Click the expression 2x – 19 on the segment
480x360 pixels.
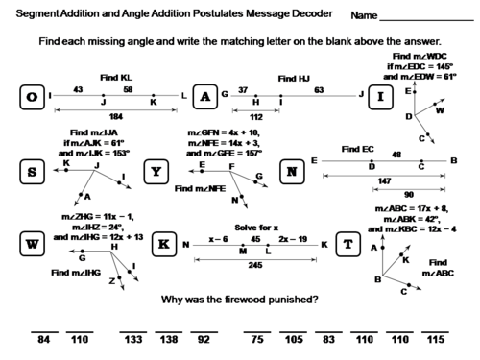coord(292,237)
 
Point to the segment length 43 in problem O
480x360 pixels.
coord(78,89)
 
